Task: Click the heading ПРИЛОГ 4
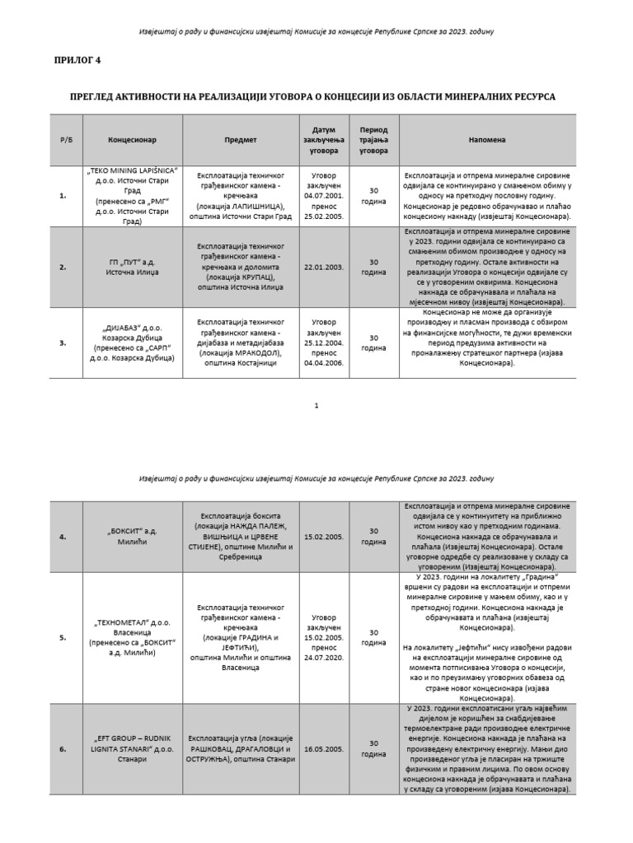coord(77,60)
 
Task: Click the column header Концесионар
coord(132,140)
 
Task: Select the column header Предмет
coord(241,140)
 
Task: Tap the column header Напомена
coord(488,140)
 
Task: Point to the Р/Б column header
coord(66,140)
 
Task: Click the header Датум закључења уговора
coord(323,140)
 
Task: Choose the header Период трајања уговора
coord(373,140)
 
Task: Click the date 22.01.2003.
coord(323,267)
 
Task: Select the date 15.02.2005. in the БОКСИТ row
coord(323,537)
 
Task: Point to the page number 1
coord(316,406)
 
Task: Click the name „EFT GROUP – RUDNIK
coord(132,738)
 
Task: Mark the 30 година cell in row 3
coord(373,342)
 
